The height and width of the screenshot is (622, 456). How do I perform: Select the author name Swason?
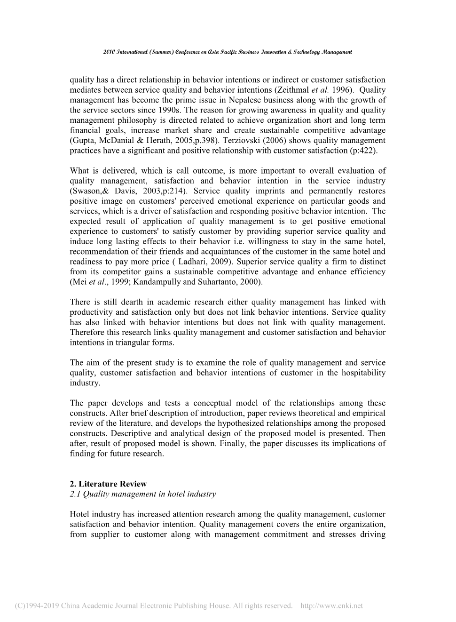coord(86,191)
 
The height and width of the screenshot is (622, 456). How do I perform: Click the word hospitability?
coord(364,373)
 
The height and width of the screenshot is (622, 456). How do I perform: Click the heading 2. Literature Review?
coord(108,484)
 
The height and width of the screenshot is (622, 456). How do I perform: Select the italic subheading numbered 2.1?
coord(143,494)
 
